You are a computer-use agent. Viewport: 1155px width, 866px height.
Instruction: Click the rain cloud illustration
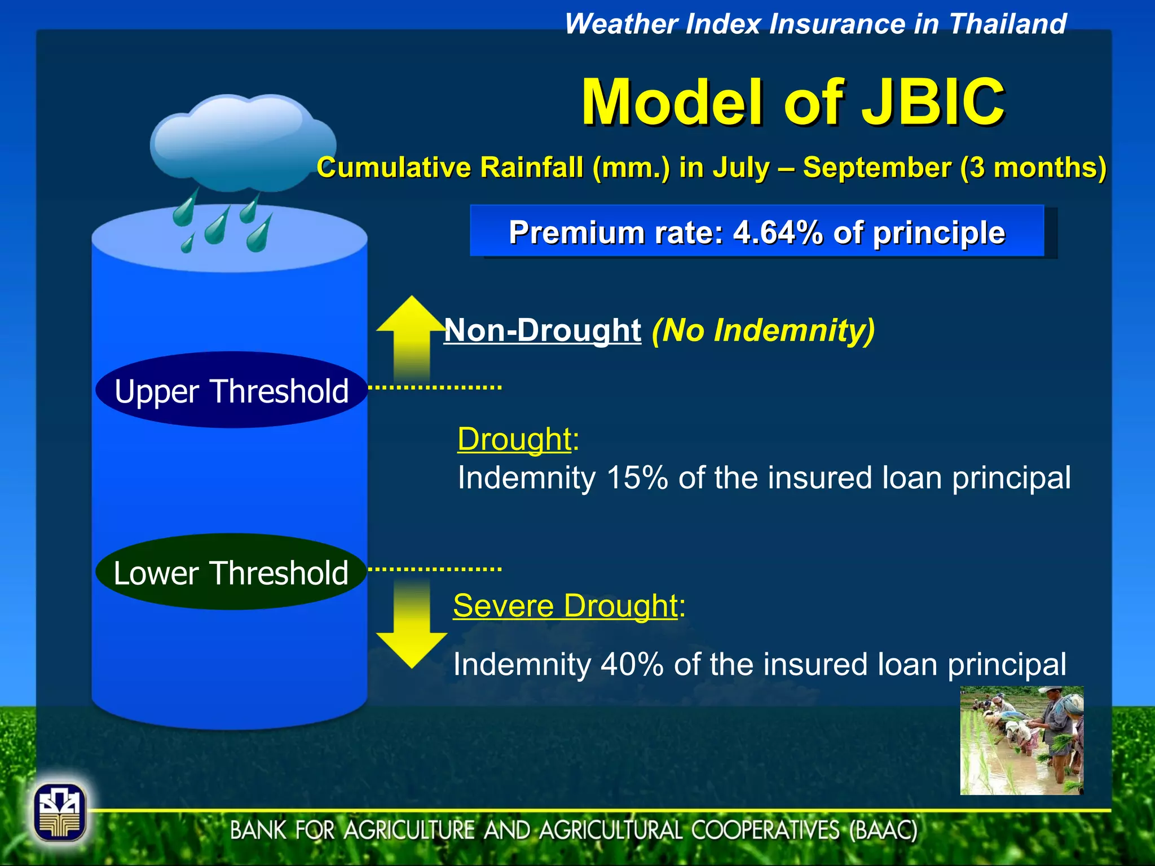[243, 144]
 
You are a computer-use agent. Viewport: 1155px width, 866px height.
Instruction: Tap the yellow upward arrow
[412, 338]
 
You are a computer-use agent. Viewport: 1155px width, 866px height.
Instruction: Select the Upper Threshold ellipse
[231, 390]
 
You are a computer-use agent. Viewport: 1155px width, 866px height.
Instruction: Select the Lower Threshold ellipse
[231, 572]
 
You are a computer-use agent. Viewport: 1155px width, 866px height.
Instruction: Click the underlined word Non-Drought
[543, 330]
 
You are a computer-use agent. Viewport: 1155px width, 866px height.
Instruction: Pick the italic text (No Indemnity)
[762, 330]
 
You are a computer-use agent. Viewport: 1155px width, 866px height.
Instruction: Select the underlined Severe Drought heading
[565, 606]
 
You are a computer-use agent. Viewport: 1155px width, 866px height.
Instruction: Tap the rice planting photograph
[1021, 740]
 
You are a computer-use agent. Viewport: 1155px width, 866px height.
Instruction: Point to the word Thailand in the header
[1007, 24]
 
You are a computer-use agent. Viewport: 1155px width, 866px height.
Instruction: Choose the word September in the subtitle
[876, 168]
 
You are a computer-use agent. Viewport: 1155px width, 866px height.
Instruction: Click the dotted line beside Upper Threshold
[435, 387]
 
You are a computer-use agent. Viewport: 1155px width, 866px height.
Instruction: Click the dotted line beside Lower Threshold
[435, 569]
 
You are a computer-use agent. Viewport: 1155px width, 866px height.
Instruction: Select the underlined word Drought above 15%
[514, 439]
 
